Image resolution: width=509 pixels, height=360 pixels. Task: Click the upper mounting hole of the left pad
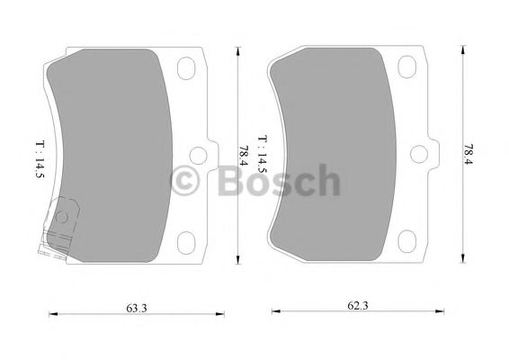coord(188,69)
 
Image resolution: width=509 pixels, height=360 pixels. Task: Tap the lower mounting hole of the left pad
coord(188,242)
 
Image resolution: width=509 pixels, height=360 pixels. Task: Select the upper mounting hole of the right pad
coord(415,69)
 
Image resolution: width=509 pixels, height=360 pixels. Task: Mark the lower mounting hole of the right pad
coord(415,242)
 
